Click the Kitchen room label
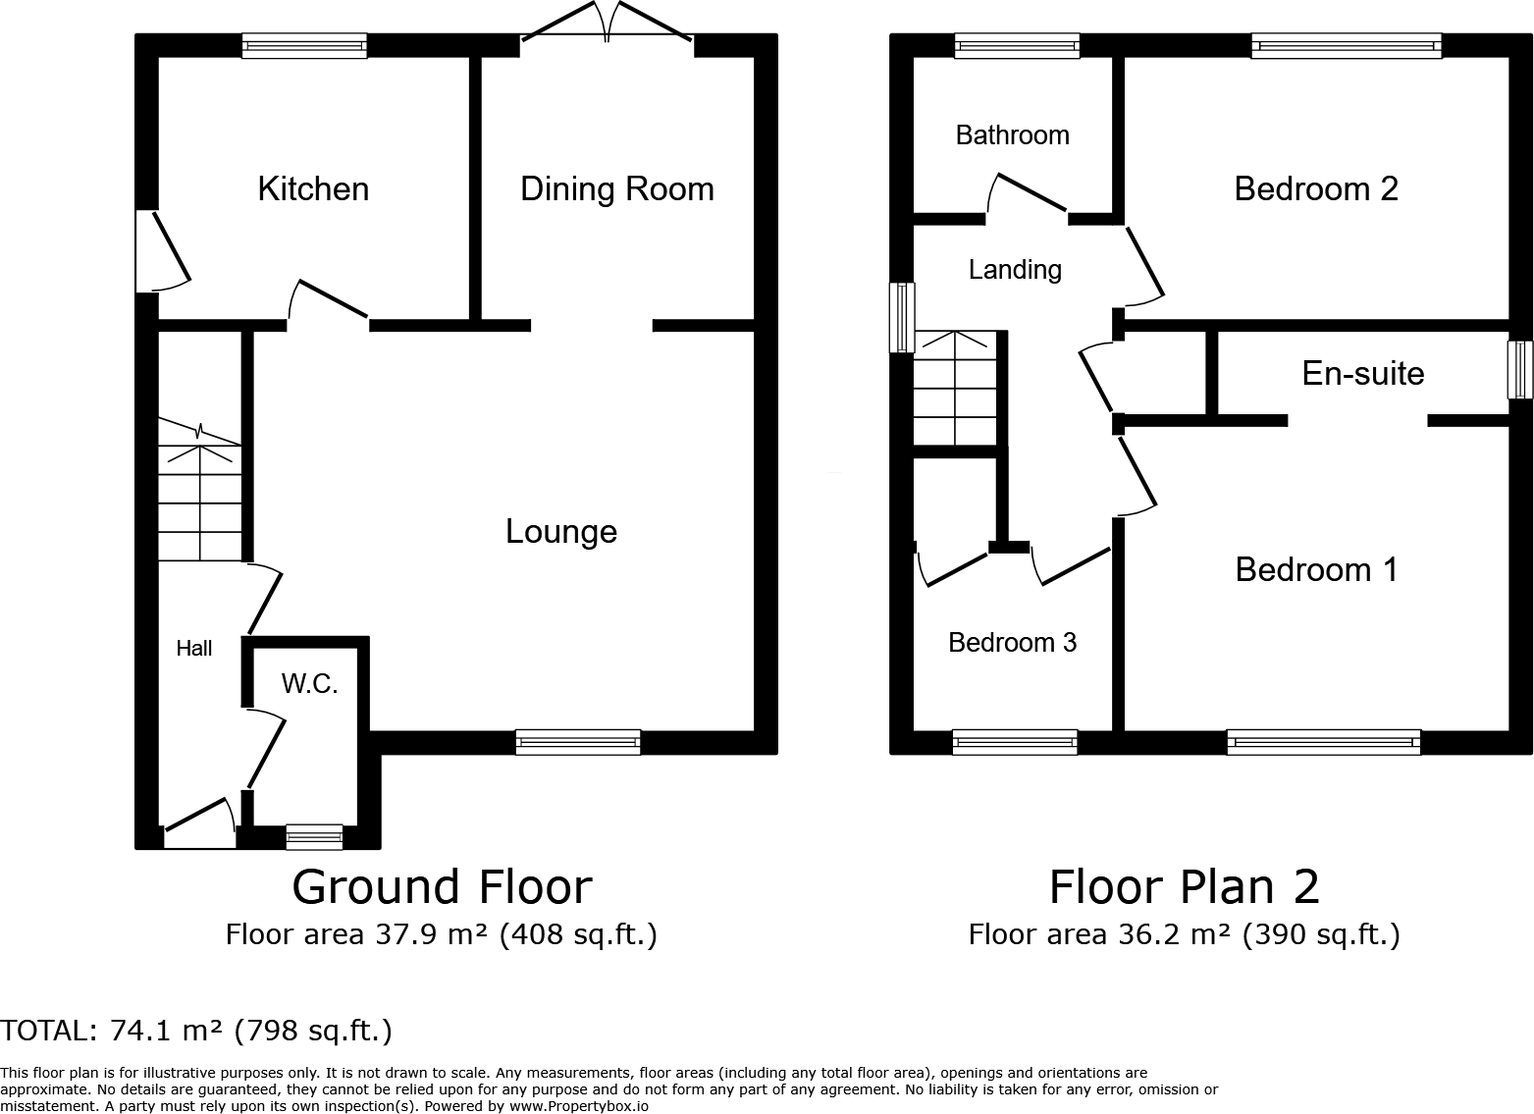pos(313,188)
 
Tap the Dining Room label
pos(616,188)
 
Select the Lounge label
pos(560,531)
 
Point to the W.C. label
pos(309,684)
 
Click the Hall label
pos(194,648)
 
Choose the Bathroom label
pos(1012,134)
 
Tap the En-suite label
pos(1362,373)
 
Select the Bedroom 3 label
pos(1012,642)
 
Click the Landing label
pos(1015,269)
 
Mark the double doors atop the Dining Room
pos(608,24)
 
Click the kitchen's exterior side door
pos(163,250)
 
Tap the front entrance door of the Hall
pos(200,824)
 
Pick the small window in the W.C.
pos(314,837)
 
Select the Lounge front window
pos(578,742)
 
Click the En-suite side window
pos(1520,369)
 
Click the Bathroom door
pos(1027,193)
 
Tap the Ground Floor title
pos(442,886)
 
